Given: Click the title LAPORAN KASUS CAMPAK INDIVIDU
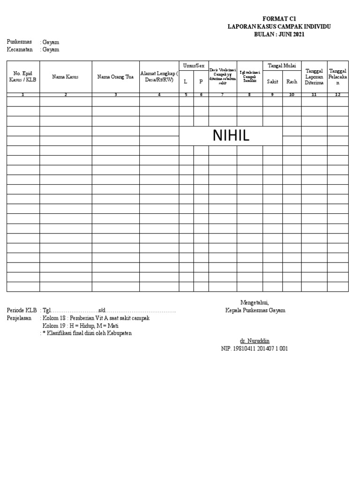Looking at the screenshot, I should tap(279, 27).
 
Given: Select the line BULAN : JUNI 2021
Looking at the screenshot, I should tap(279, 34).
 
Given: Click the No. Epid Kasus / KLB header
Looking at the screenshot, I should tap(22, 76).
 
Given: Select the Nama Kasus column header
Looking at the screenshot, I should tap(65, 77).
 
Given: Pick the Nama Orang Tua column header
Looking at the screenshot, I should tap(115, 77).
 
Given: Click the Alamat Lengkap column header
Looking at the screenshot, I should tap(159, 76).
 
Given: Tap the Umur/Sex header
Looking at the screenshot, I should tap(194, 65).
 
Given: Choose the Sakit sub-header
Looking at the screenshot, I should tap(272, 82).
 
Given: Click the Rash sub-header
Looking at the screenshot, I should tap(292, 82).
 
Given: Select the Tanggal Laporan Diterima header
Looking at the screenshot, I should tap(314, 76).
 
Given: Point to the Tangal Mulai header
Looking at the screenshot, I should tap(281, 66).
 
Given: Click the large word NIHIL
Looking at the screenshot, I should tap(231, 135).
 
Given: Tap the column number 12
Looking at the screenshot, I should tap(337, 95).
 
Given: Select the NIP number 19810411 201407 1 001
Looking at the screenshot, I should tap(255, 349).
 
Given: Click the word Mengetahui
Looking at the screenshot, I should tap(255, 302).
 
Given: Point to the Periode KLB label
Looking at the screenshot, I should tap(21, 310).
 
